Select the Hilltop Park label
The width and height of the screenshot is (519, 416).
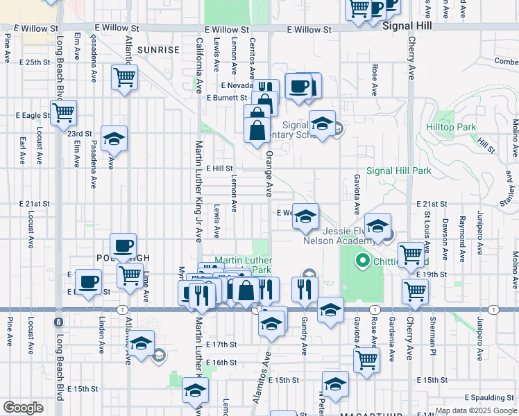472,127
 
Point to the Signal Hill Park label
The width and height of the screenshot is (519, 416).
399,171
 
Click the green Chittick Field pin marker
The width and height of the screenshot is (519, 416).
361,261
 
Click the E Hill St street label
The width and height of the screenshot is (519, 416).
220,168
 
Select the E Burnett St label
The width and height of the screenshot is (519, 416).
227,98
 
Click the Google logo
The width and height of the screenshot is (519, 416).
23,408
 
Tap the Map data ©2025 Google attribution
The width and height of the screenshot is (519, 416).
475,410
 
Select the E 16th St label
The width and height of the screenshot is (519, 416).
221,363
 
